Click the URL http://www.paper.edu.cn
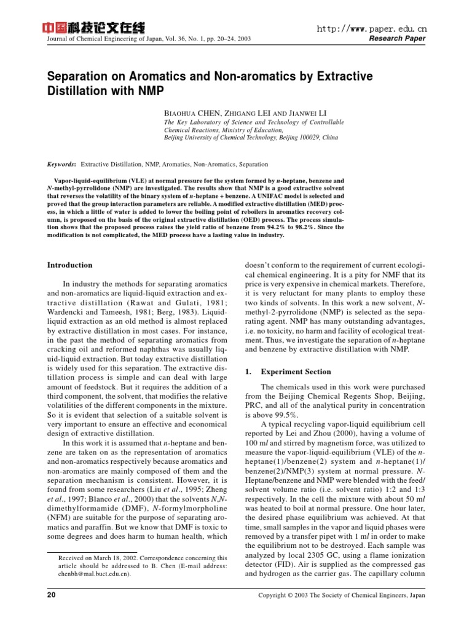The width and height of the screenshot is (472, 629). pyautogui.click(x=371, y=29)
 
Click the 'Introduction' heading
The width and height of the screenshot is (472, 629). pyautogui.click(x=70, y=265)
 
